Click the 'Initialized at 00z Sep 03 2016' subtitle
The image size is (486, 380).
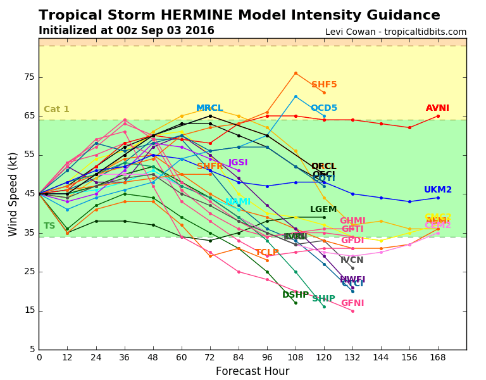(x=127, y=30)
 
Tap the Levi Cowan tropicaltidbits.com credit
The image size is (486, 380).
(x=396, y=32)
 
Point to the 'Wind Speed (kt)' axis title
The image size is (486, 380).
(x=13, y=193)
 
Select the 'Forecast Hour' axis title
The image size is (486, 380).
(x=252, y=371)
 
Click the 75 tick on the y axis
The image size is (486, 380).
(x=29, y=77)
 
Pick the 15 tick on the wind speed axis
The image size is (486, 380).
(x=29, y=310)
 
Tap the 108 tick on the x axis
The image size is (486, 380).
(x=296, y=357)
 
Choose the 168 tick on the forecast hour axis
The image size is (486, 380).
(x=438, y=357)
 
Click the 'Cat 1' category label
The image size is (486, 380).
(x=56, y=110)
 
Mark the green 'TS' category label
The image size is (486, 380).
(x=49, y=226)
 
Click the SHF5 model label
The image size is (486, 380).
(x=324, y=85)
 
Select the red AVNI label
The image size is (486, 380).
(x=437, y=108)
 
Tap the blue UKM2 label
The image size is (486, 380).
(x=438, y=189)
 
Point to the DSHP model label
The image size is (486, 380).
(x=296, y=294)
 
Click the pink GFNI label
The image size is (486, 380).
(x=352, y=303)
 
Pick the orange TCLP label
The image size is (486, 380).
(x=267, y=253)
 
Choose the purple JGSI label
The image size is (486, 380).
(x=238, y=163)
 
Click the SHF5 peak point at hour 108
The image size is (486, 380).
(x=296, y=73)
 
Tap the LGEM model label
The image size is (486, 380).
(x=323, y=210)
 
